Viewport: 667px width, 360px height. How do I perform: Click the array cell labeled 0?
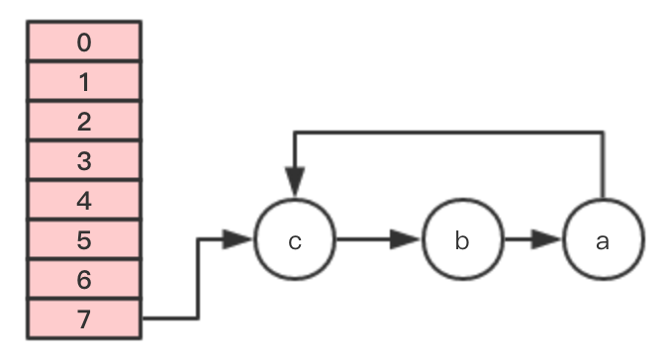click(84, 42)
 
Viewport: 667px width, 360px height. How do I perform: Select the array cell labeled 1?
click(84, 81)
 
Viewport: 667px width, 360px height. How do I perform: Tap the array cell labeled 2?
click(84, 121)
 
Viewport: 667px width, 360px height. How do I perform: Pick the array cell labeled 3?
click(84, 160)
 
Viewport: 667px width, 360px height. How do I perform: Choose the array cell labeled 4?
click(84, 200)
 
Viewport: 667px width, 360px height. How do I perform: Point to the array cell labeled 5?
click(84, 239)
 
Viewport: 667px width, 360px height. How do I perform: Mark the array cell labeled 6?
click(84, 279)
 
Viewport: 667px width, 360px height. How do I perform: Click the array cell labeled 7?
click(84, 318)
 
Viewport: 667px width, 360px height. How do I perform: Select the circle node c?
click(295, 240)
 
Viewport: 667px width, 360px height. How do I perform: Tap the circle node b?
click(462, 240)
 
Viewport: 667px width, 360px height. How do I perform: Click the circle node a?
click(603, 240)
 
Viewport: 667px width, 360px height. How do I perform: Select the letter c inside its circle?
click(295, 241)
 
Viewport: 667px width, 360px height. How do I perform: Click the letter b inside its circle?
click(462, 240)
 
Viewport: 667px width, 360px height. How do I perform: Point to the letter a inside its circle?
click(603, 241)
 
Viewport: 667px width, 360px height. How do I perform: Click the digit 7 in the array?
click(84, 318)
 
